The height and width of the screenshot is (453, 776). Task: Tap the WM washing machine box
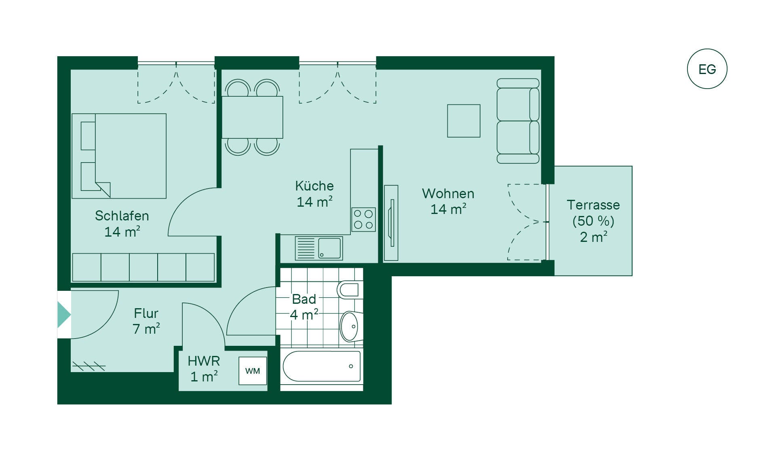253,370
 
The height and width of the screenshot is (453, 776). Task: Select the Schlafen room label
122,216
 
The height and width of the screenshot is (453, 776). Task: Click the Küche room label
314,186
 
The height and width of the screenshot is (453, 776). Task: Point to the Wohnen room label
448,193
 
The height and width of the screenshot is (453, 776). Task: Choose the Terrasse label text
593,205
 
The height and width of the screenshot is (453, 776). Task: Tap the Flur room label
146,313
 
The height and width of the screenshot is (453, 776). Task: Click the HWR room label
204,360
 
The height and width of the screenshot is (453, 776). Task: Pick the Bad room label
304,299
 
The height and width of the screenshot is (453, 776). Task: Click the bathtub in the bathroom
322,366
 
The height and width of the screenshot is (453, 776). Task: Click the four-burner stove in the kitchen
363,220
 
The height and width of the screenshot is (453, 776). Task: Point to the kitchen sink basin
329,248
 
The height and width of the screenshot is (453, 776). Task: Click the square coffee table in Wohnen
464,121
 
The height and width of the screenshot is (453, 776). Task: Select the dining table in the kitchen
252,117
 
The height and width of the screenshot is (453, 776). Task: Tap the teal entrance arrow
64,314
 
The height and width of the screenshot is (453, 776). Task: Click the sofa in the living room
518,121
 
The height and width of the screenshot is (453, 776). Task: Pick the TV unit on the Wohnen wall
391,223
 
